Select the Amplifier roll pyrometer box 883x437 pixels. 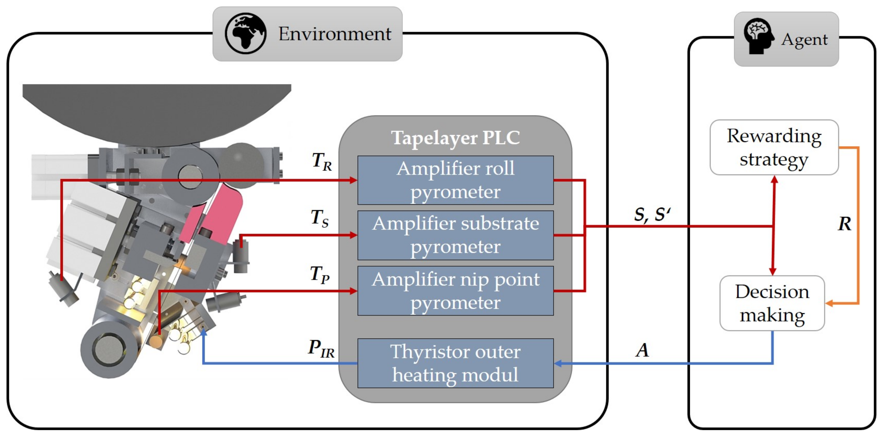pos(455,180)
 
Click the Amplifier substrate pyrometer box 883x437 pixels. pos(455,235)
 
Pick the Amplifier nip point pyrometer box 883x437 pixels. pos(455,291)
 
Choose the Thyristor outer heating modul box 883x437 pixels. pos(455,363)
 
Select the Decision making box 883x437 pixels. pos(772,303)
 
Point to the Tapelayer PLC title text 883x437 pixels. pos(455,138)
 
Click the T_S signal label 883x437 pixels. pos(319,218)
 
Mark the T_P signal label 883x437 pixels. pos(319,274)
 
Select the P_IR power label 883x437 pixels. pos(321,348)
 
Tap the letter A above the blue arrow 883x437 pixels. pos(642,350)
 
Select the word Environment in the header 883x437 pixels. pos(334,34)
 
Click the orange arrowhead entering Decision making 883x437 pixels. pos(829,303)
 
